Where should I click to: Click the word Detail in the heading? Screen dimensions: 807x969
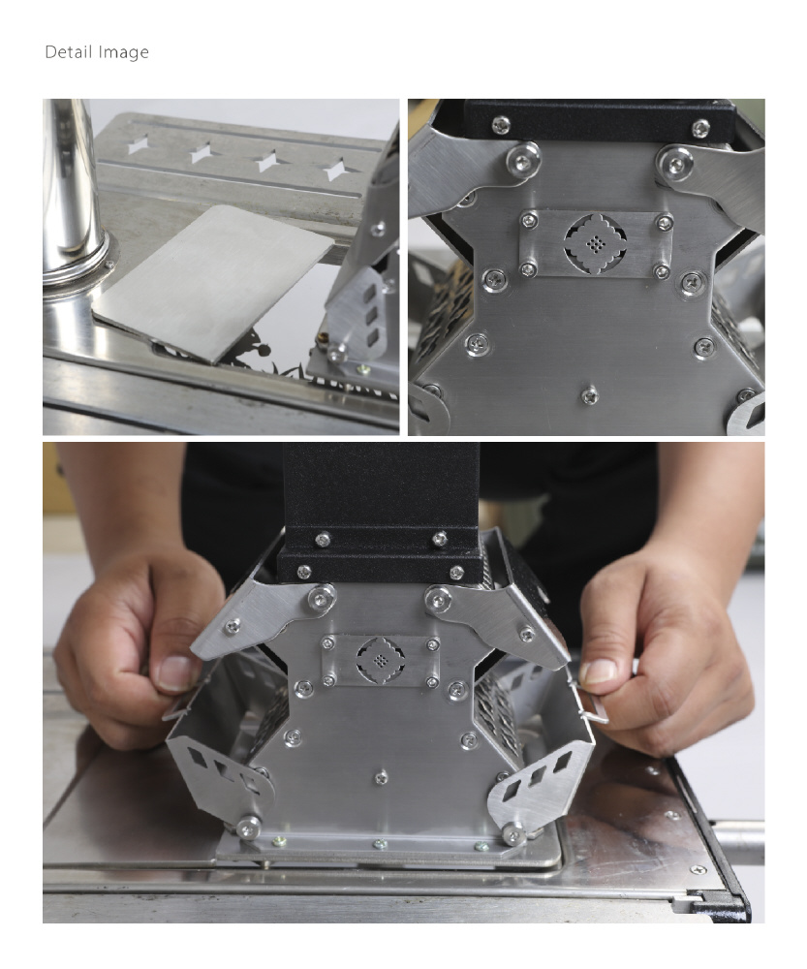68,52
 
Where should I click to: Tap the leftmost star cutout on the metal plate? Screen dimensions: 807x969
138,146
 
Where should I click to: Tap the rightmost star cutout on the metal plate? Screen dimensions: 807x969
335,169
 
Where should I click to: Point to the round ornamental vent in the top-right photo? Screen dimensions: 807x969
595,245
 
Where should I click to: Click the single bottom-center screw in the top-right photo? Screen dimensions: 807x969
589,394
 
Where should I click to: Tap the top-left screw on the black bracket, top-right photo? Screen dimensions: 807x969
501,125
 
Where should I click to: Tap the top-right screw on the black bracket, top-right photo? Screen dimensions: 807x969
700,129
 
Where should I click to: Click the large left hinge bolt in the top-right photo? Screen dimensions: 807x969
523,160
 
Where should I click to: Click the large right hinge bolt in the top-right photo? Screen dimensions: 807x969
675,163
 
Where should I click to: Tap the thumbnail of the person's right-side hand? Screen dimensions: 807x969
599,672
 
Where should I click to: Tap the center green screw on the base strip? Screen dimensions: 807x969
380,843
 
